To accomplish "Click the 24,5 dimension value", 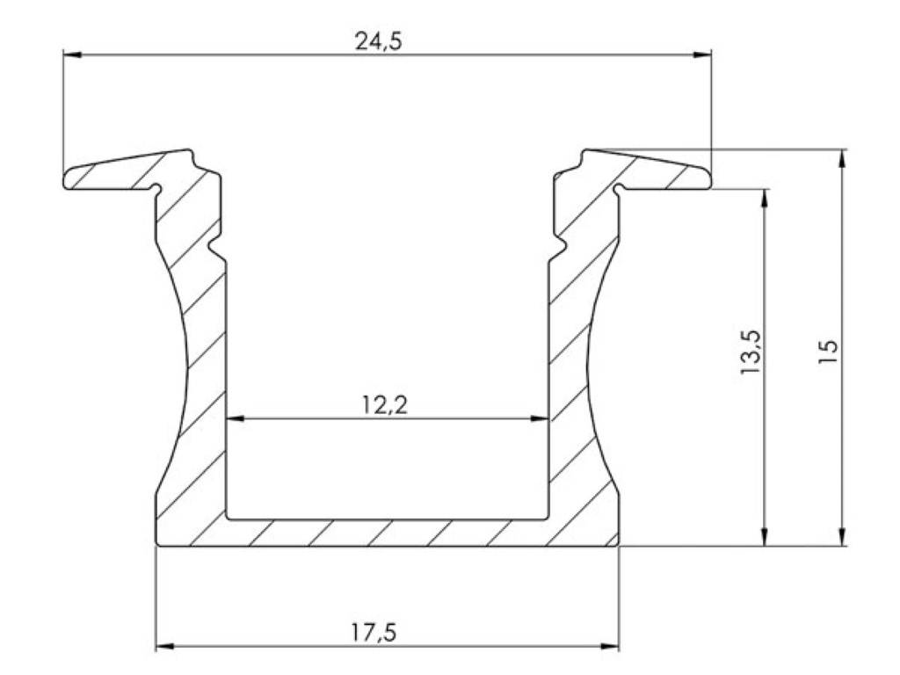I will click(x=378, y=41).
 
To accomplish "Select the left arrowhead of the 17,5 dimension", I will click(x=164, y=648).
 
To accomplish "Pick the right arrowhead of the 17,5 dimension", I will click(x=610, y=648).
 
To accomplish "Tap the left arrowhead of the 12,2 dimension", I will click(x=236, y=419).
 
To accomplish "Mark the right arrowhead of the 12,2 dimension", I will click(x=541, y=419).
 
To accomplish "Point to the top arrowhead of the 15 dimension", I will click(x=843, y=158).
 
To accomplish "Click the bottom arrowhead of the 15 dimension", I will click(x=843, y=537).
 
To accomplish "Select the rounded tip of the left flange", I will click(x=67, y=179).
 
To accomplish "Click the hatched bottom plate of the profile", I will click(x=387, y=533).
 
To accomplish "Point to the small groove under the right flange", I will click(x=619, y=188).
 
